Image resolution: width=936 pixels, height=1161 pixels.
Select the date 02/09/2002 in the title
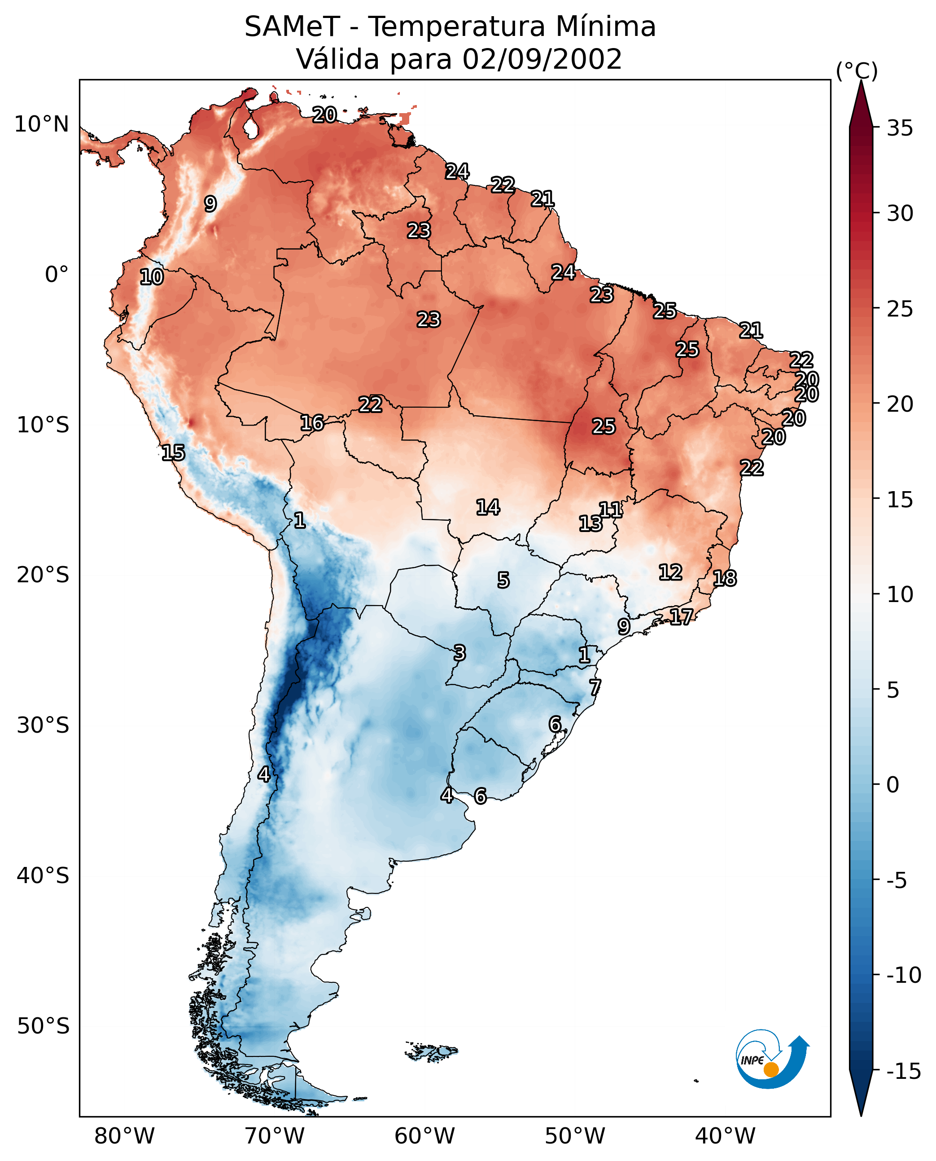(542, 59)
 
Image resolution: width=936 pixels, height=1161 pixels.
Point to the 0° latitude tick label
(57, 275)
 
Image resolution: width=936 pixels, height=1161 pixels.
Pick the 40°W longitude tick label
(725, 1136)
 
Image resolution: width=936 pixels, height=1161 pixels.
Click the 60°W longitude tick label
(424, 1136)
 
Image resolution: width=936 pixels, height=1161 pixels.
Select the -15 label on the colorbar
(904, 1072)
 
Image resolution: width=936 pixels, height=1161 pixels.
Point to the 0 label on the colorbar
(893, 785)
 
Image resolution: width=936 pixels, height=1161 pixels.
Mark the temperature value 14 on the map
(488, 507)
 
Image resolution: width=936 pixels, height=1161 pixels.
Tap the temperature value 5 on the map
(503, 580)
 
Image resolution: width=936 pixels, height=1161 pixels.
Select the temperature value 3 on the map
(459, 653)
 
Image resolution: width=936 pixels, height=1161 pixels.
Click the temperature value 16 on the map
(312, 423)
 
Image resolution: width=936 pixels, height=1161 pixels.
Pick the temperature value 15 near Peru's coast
(173, 453)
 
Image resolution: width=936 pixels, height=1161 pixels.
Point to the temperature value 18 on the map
(725, 578)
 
